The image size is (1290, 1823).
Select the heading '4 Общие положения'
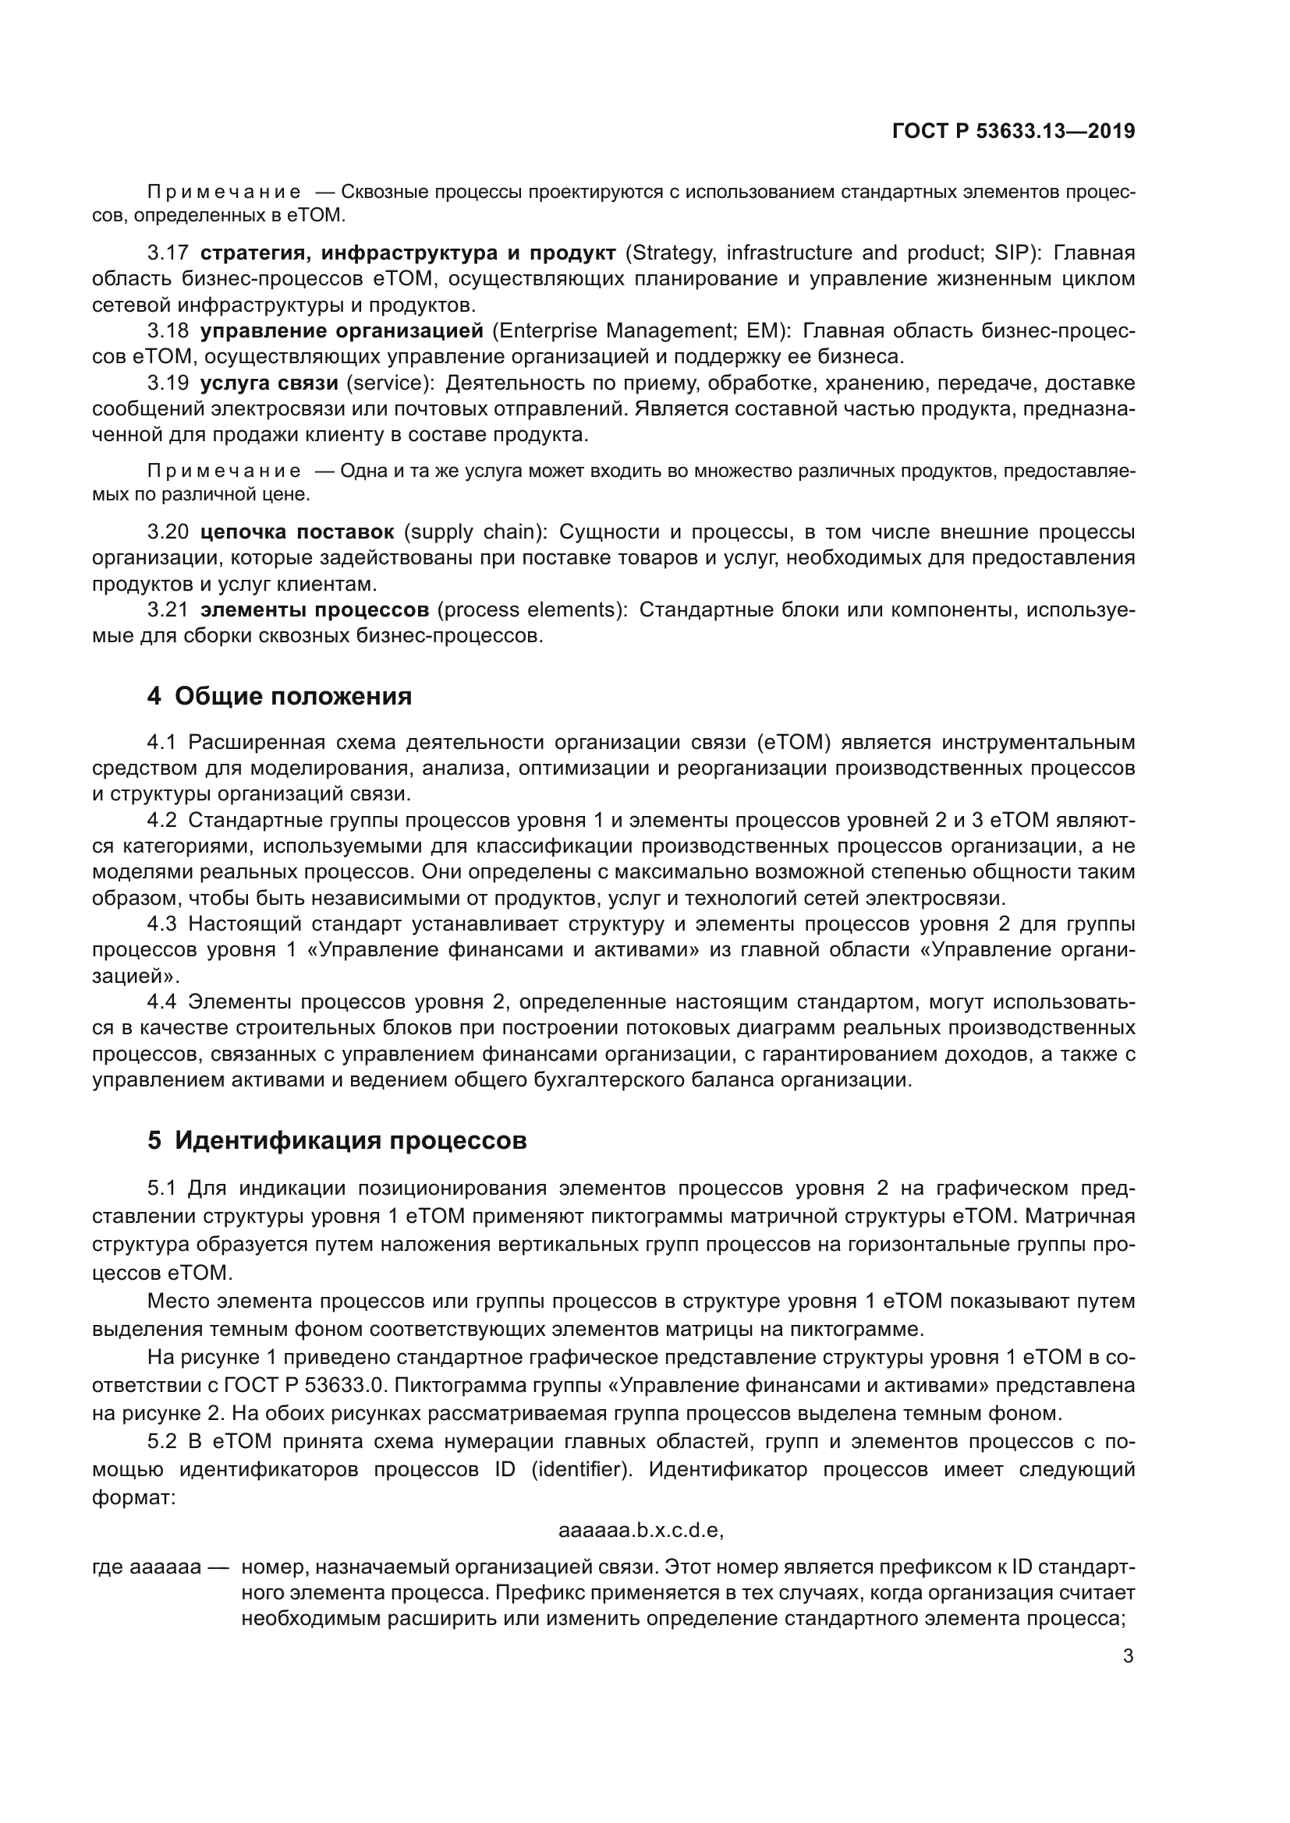click(x=280, y=696)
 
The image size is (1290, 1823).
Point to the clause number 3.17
click(x=168, y=253)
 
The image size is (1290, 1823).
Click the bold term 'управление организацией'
click(x=342, y=330)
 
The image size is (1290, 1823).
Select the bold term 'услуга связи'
click(x=269, y=383)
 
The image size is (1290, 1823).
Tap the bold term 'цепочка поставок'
click(x=297, y=532)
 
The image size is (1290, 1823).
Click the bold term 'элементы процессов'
click(x=314, y=609)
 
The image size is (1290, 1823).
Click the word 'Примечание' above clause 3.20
click(x=224, y=472)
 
